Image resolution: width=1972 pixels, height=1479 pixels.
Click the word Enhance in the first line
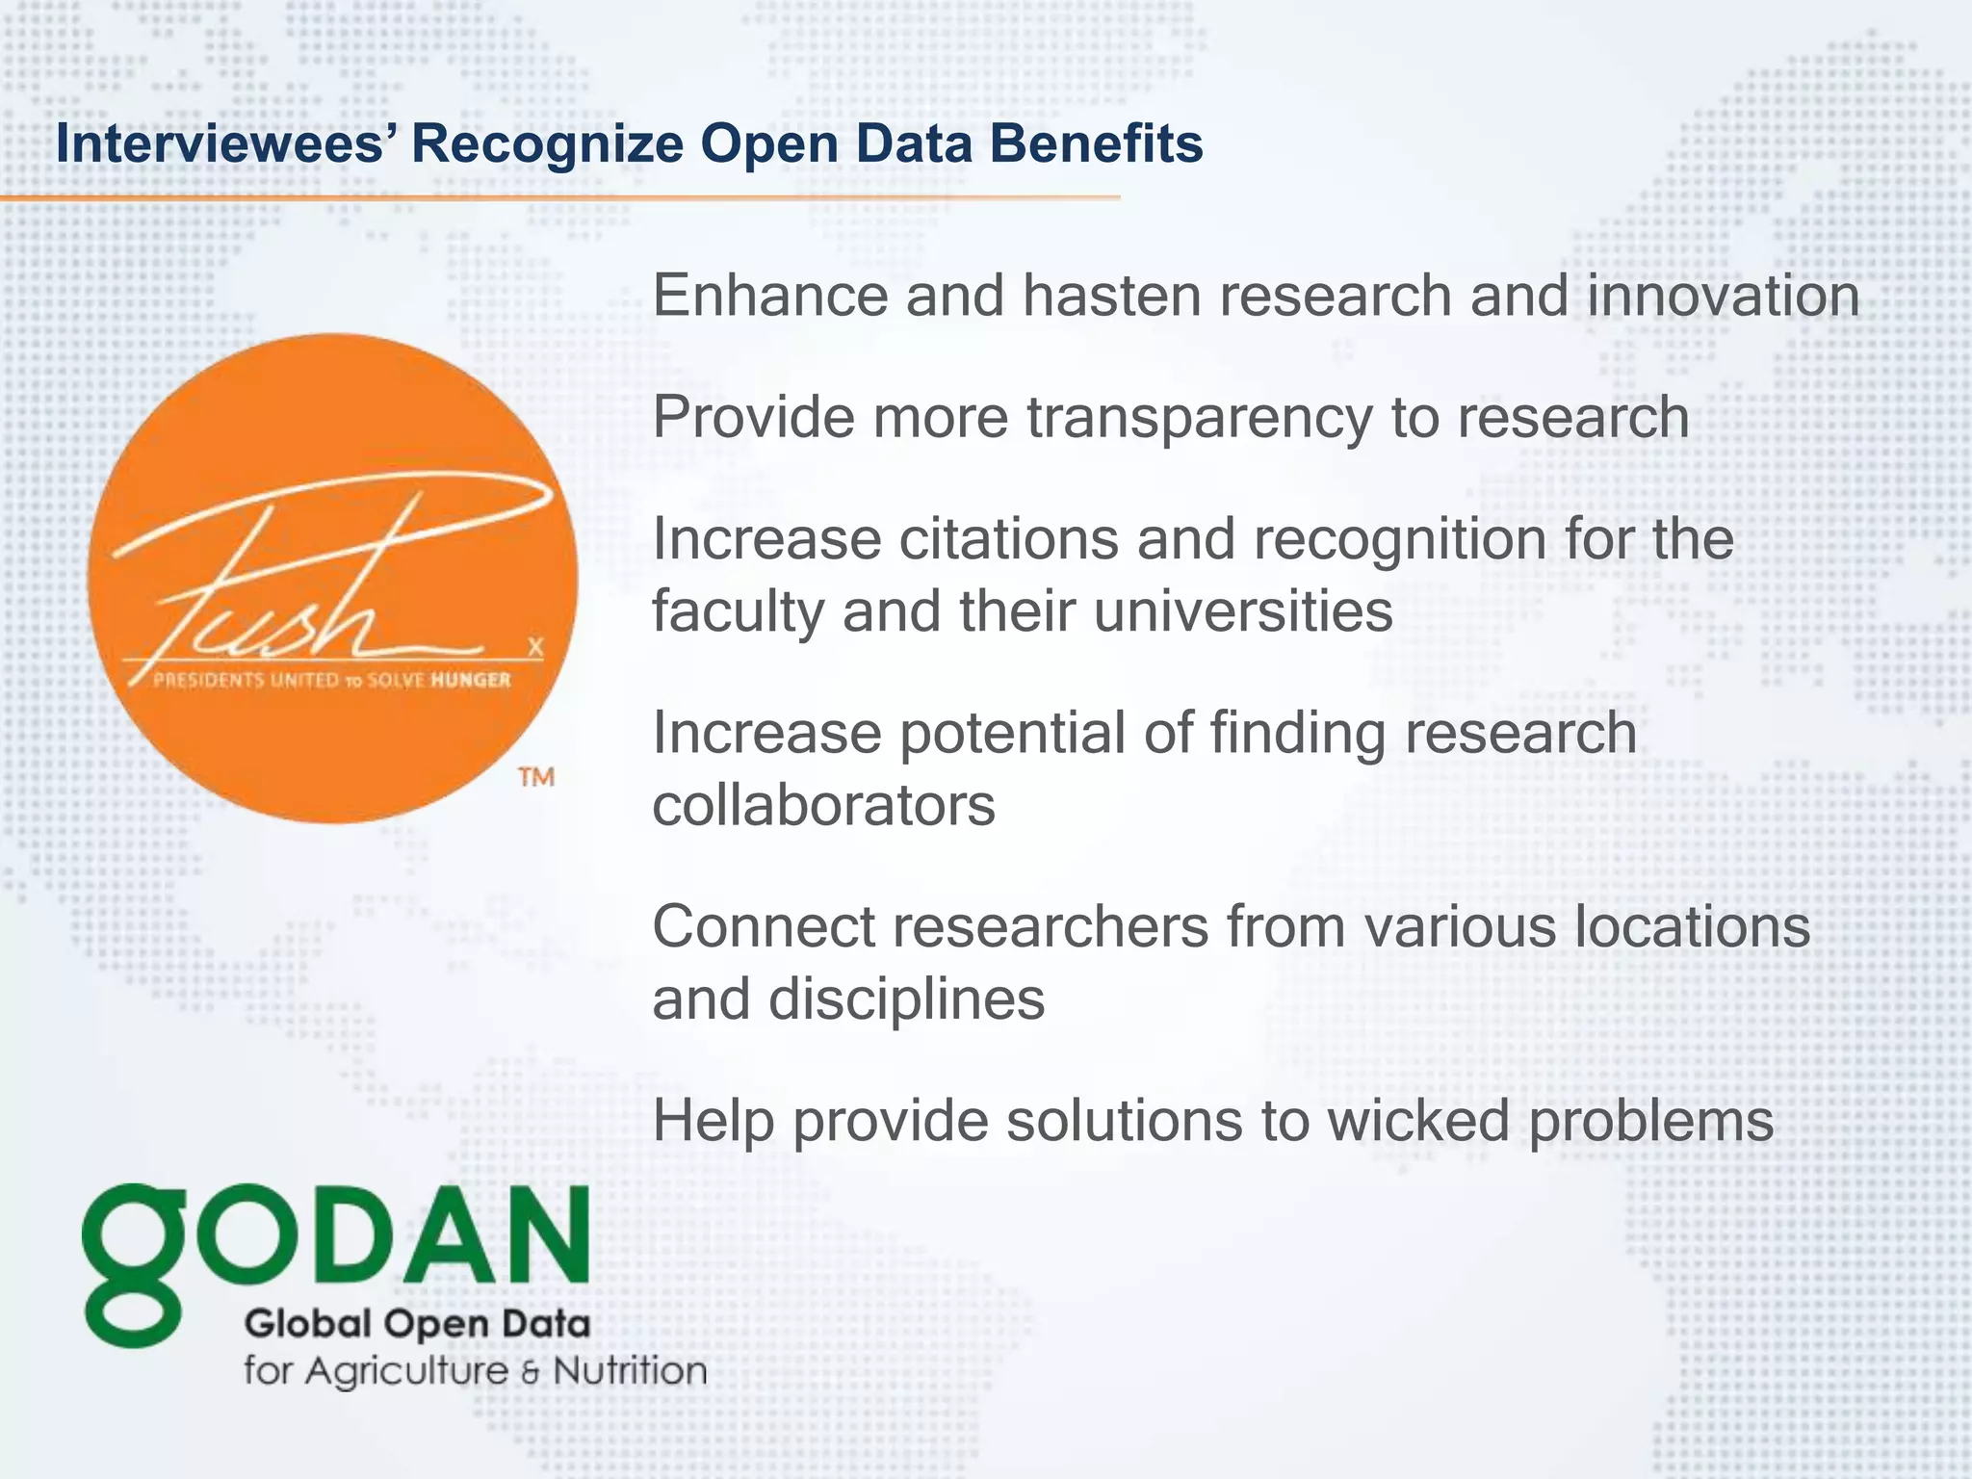coord(769,296)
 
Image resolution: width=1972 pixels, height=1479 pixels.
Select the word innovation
coord(1723,296)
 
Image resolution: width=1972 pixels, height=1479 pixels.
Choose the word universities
coord(1243,611)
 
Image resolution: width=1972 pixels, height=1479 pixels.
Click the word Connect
coord(763,926)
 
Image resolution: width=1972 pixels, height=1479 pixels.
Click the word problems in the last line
coord(1650,1123)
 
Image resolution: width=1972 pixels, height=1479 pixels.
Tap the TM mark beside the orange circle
coord(536,777)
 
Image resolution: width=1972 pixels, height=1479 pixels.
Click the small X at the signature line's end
coord(535,647)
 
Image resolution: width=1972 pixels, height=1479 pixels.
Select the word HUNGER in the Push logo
coord(470,681)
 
